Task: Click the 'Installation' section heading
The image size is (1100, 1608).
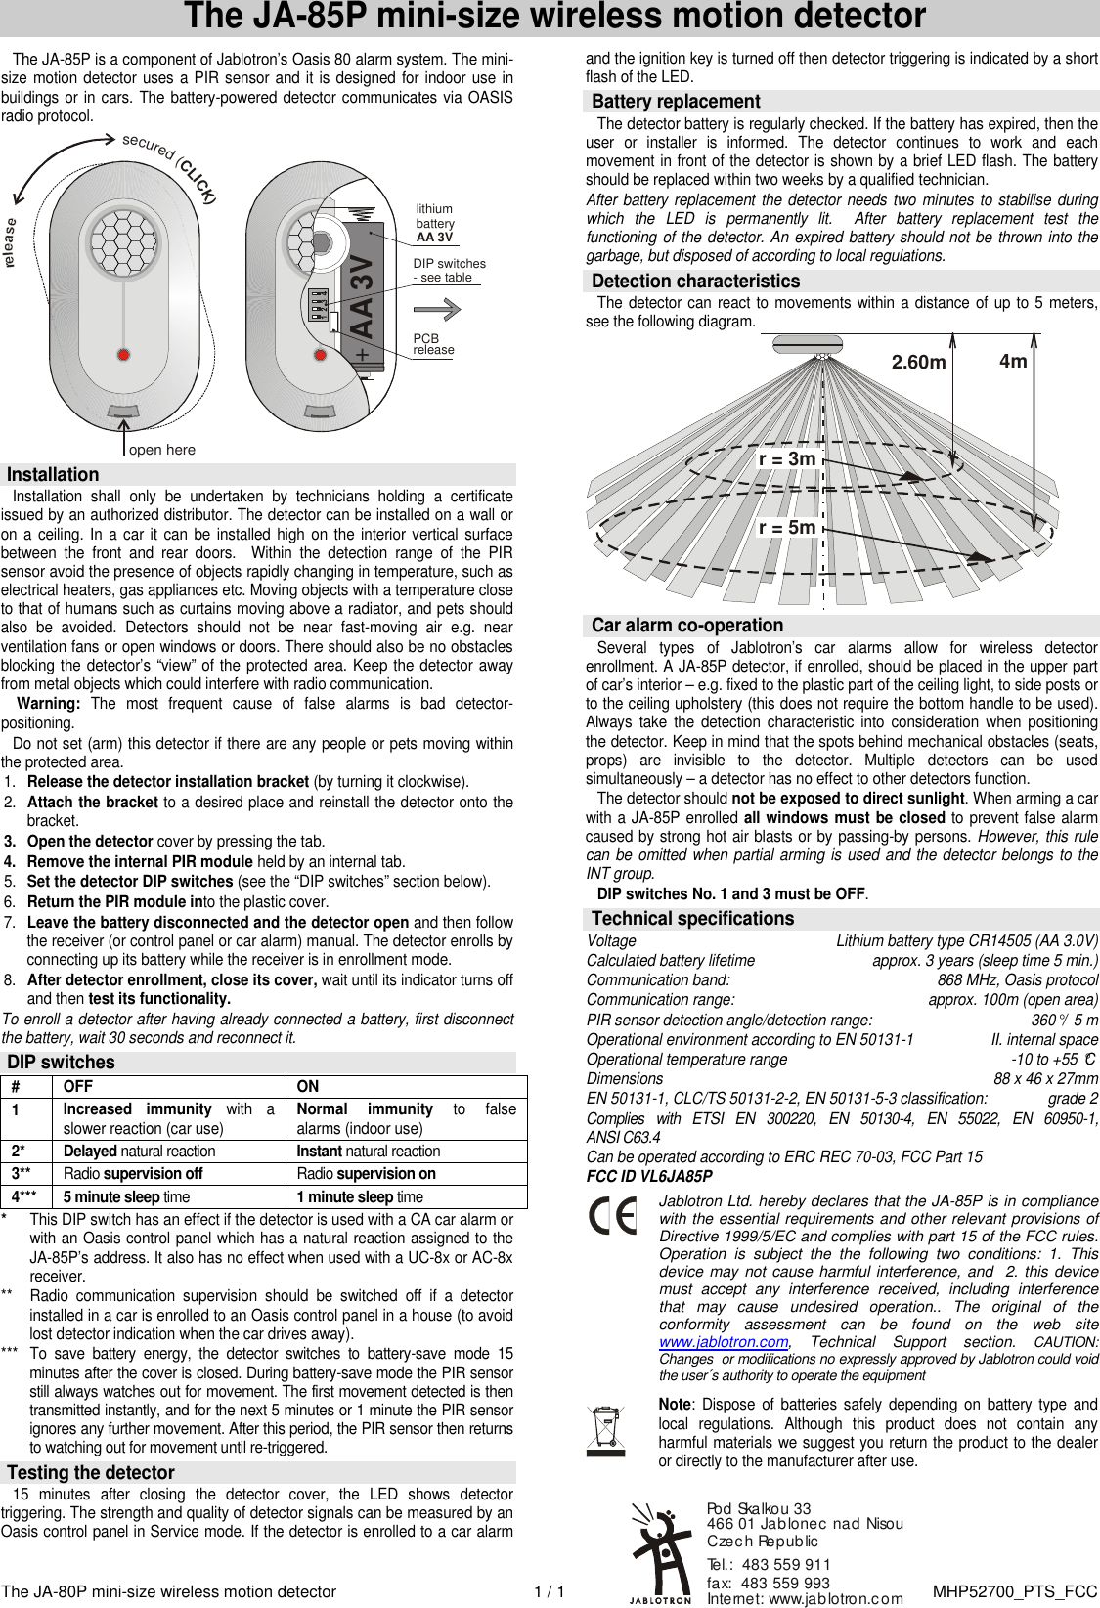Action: pyautogui.click(x=53, y=475)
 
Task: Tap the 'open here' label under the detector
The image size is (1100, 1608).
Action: pyautogui.click(x=162, y=450)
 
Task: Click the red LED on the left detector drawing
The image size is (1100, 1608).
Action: pyautogui.click(x=123, y=354)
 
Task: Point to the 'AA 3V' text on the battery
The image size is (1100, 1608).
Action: pyautogui.click(x=361, y=296)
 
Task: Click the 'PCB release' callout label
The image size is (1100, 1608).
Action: pyautogui.click(x=433, y=344)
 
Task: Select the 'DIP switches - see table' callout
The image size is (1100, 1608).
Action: pyautogui.click(x=449, y=270)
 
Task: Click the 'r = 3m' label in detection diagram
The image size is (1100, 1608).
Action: pyautogui.click(x=787, y=458)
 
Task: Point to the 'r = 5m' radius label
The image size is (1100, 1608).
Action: pyautogui.click(x=787, y=527)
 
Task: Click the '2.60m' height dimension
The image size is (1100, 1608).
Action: pyautogui.click(x=918, y=363)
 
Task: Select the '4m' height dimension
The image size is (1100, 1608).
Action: pyautogui.click(x=1013, y=361)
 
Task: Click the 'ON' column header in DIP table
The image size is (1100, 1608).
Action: pyautogui.click(x=308, y=1086)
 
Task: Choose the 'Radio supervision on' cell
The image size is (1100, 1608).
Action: pyautogui.click(x=366, y=1173)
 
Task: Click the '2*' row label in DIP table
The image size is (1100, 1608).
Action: pyautogui.click(x=20, y=1151)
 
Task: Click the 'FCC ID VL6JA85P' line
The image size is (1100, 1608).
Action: pyautogui.click(x=649, y=1176)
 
